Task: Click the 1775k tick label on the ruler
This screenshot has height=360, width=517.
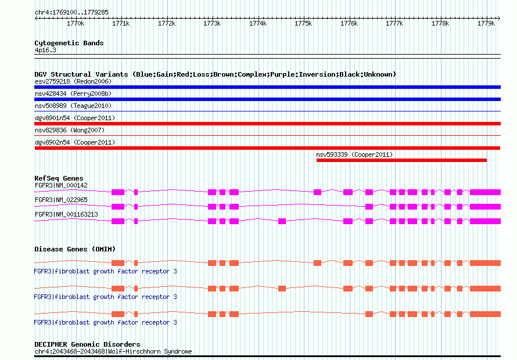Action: point(303,24)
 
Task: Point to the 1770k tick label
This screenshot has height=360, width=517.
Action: point(76,24)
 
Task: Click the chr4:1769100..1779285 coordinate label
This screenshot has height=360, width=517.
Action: point(71,12)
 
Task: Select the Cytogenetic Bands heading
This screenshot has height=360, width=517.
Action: point(69,43)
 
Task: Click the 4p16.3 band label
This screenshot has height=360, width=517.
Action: point(45,51)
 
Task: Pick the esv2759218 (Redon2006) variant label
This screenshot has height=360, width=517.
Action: point(73,81)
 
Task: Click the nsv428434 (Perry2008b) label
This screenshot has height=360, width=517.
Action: point(73,93)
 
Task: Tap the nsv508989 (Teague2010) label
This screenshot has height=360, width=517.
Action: point(73,106)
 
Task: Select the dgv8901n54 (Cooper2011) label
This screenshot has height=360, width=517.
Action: point(75,118)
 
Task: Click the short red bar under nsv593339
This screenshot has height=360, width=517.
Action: point(401,160)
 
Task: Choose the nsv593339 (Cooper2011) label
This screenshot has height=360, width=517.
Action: point(354,154)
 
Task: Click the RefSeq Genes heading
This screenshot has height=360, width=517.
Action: point(59,178)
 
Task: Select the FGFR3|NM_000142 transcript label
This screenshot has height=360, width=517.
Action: point(61,185)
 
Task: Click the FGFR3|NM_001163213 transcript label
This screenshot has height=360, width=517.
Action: point(66,214)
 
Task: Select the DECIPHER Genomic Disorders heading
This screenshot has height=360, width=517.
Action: point(87,344)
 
